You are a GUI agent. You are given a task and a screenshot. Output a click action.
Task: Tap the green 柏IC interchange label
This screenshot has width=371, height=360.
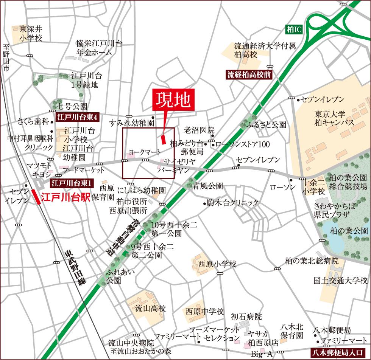(x=294, y=29)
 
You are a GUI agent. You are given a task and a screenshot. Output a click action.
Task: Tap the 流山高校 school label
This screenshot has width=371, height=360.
(x=151, y=309)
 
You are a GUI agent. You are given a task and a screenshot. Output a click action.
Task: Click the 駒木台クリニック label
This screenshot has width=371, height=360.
(x=232, y=203)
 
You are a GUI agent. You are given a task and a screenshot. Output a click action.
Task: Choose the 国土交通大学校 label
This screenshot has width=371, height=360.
(x=340, y=281)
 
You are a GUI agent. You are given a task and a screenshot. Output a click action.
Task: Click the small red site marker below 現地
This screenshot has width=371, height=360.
(x=163, y=139)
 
